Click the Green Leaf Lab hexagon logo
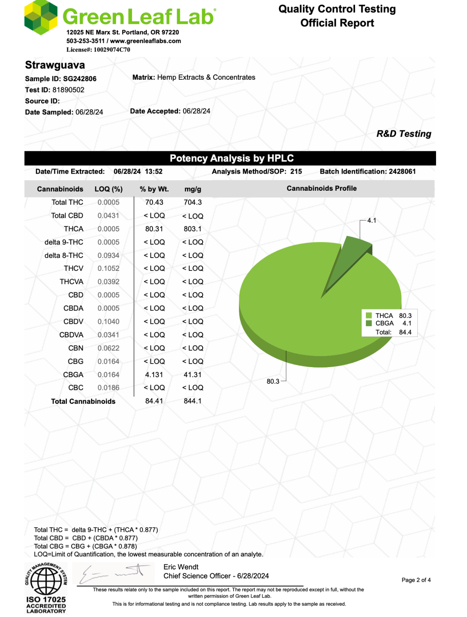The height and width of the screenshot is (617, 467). point(41,17)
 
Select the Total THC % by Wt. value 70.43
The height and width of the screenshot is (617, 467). point(154,202)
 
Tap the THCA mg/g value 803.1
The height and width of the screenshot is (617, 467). point(192,229)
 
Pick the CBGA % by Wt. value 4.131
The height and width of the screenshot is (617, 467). point(154,375)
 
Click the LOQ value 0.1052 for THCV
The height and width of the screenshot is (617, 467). point(108,268)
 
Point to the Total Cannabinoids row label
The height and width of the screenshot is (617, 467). point(83,402)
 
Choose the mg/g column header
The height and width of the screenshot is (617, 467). point(193,189)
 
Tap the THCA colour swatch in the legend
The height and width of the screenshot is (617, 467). point(369,316)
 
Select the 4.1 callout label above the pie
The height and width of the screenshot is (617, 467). point(372,220)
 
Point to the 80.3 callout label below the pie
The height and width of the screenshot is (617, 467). point(273,381)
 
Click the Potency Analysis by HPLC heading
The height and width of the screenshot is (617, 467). point(232,158)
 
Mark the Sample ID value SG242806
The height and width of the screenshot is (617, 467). point(80,79)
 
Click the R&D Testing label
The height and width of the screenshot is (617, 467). point(403,134)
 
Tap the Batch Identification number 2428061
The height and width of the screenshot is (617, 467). point(402,171)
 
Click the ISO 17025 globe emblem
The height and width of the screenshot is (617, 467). point(46,581)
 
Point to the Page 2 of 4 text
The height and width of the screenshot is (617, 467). point(416,580)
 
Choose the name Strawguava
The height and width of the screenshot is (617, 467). point(55,65)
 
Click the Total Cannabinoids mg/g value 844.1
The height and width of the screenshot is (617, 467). point(192,401)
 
